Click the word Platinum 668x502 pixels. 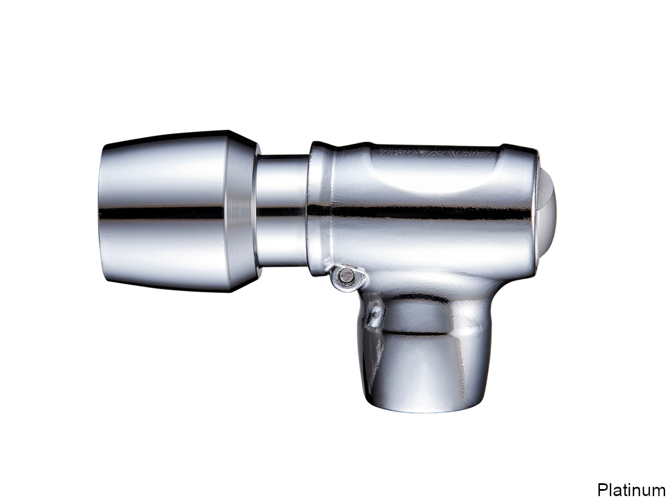pyautogui.click(x=630, y=490)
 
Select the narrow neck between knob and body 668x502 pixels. pyautogui.click(x=283, y=211)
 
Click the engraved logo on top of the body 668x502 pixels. pyautogui.click(x=437, y=153)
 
